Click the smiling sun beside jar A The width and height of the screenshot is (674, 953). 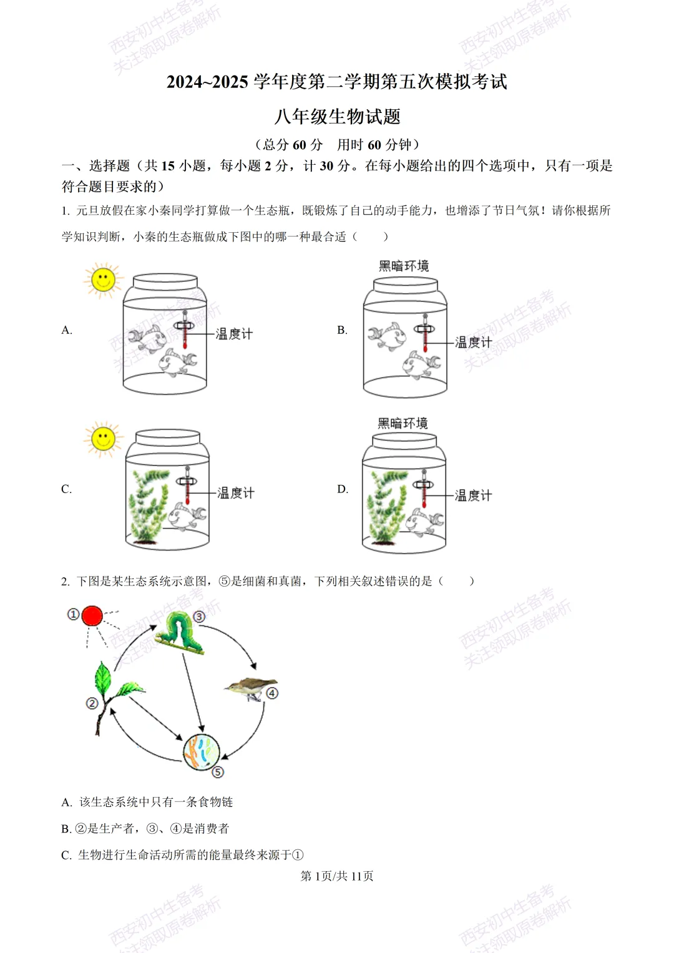pos(103,280)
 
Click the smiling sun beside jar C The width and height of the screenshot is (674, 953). pos(103,439)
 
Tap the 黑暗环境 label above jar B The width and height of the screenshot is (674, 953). pos(404,266)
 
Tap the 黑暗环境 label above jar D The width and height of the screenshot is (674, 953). pos(403,423)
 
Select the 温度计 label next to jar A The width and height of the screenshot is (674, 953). pos(234,334)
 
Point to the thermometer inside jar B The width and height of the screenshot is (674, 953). pos(425,333)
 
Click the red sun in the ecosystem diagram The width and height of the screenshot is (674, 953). pos(92,615)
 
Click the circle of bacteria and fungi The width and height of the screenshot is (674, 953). pos(202,751)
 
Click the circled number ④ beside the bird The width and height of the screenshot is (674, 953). pos(272,693)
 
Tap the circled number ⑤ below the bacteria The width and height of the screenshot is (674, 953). pos(217,772)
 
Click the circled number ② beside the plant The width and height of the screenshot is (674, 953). pos(92,703)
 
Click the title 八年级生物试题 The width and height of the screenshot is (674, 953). pos(337,116)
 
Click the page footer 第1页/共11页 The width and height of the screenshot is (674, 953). pos(337,876)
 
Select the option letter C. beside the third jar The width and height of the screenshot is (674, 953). pos(67,489)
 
